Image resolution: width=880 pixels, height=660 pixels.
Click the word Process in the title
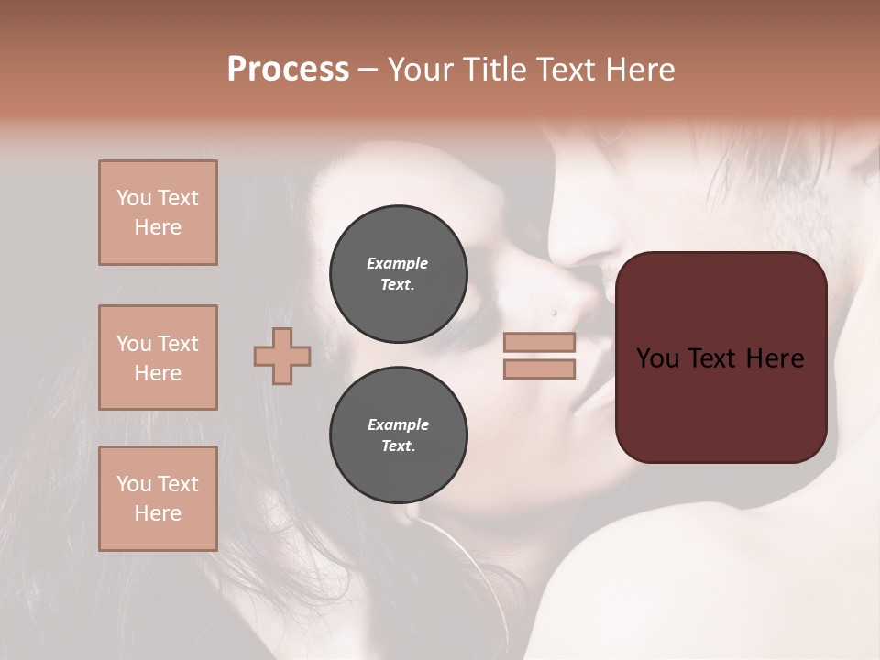[x=288, y=70]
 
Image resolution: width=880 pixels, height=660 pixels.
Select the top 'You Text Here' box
[x=158, y=213]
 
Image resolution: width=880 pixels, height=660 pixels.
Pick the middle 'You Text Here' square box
[x=158, y=357]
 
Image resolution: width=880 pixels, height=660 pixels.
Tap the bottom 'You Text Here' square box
[x=158, y=499]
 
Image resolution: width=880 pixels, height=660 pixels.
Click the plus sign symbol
[x=282, y=356]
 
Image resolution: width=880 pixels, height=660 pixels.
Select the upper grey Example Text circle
[x=398, y=274]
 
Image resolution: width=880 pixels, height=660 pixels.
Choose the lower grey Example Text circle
[x=398, y=435]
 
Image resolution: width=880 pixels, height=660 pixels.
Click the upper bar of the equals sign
[x=539, y=342]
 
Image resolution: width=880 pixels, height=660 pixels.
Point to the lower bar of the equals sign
[x=539, y=369]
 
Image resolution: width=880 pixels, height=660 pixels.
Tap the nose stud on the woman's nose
[x=553, y=313]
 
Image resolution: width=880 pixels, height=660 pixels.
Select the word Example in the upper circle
[x=398, y=263]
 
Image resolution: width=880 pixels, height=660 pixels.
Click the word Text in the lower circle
[x=398, y=446]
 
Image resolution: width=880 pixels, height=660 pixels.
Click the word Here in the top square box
[x=158, y=227]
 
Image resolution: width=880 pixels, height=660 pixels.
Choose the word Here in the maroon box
[x=775, y=358]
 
